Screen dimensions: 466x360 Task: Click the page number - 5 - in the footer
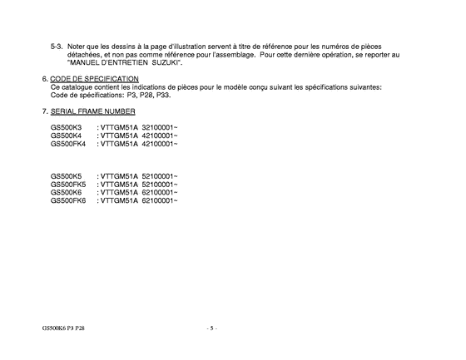(211, 328)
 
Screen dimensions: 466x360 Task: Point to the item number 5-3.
(56, 46)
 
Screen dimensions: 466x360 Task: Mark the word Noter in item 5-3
(77, 46)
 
